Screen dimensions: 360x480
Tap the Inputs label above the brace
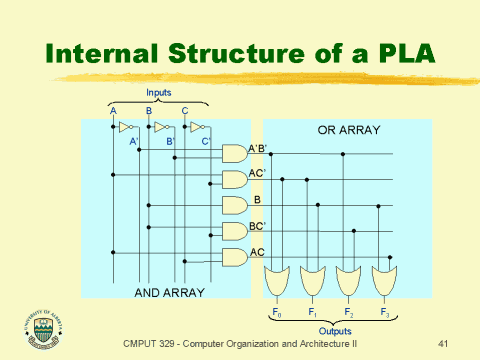tap(159, 92)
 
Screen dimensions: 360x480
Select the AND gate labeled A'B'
tap(233, 153)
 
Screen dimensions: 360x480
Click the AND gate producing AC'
tap(233, 179)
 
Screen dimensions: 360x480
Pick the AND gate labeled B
tap(233, 205)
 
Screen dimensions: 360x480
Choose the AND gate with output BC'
tap(233, 231)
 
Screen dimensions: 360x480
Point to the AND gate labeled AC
tap(233, 257)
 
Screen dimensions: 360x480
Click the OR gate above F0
tap(279, 280)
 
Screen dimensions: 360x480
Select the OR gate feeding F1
tap(314, 280)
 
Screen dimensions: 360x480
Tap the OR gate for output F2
tap(348, 280)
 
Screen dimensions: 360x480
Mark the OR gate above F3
tap(383, 280)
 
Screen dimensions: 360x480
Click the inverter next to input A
tap(125, 128)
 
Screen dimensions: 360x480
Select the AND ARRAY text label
tap(169, 291)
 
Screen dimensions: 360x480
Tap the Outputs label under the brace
tap(333, 331)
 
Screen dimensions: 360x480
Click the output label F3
tap(384, 313)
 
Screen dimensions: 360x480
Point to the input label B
tap(149, 110)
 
